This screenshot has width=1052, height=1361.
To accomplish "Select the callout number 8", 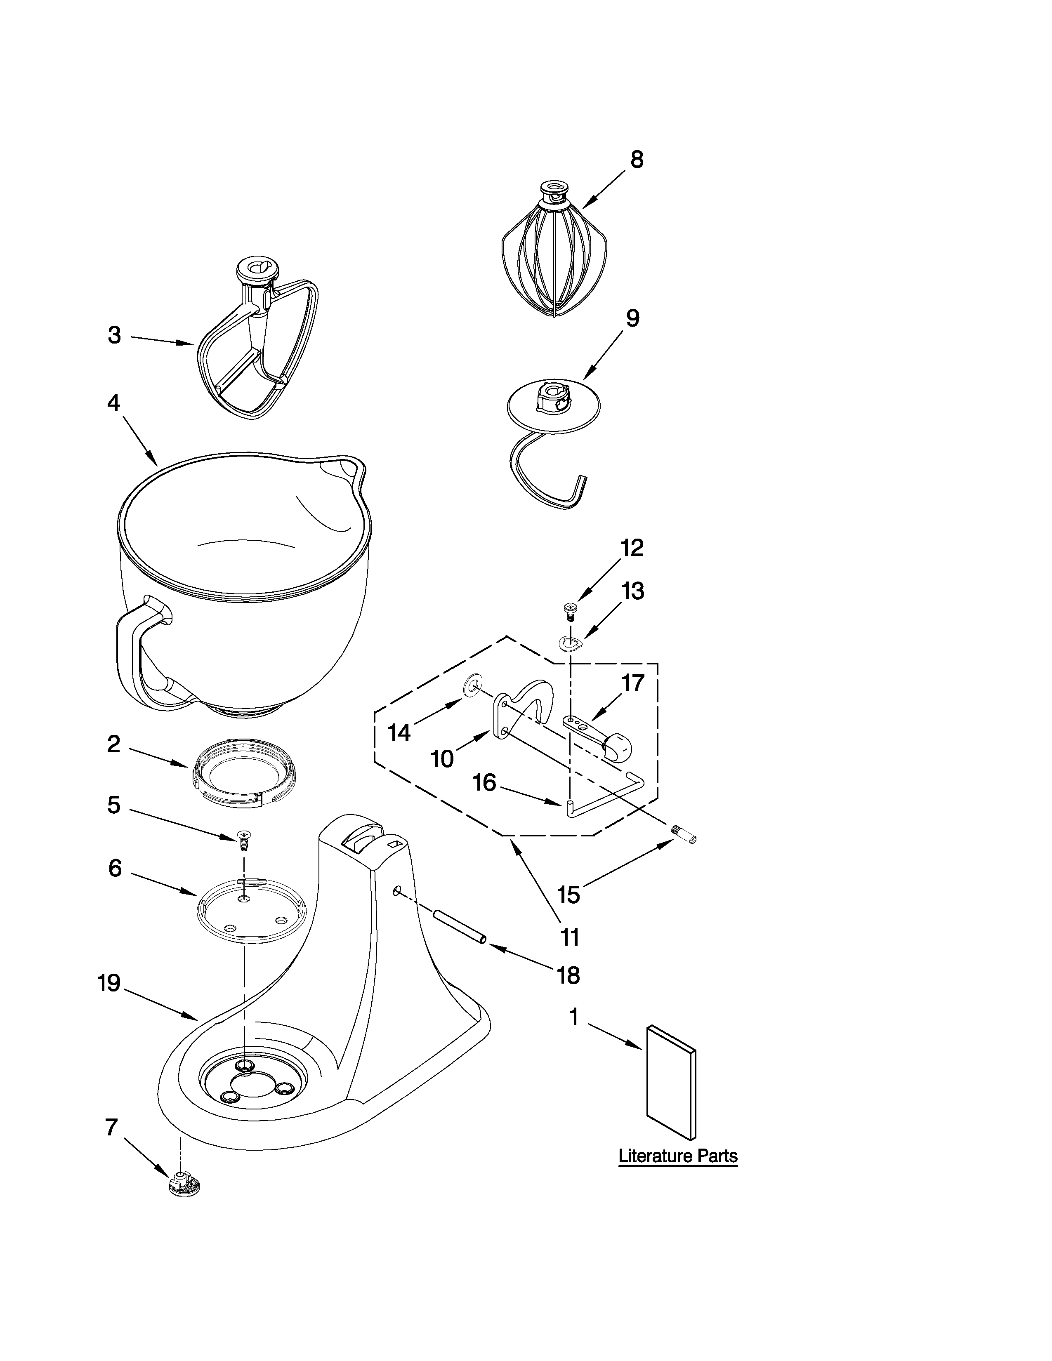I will click(x=636, y=160).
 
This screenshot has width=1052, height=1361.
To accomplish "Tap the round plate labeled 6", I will click(x=251, y=911).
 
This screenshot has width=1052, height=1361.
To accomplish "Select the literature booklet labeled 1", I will click(x=671, y=1081).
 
